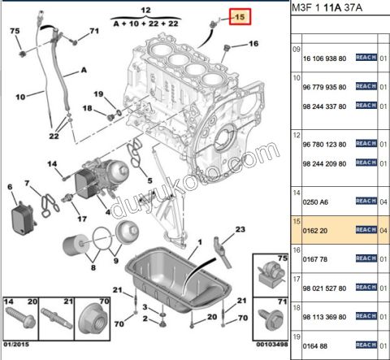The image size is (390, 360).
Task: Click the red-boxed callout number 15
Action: pos(240,17)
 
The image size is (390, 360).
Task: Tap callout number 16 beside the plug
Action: pos(253,43)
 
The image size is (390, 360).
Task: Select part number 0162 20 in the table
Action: pos(315,231)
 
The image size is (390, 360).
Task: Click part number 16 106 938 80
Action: pos(324,59)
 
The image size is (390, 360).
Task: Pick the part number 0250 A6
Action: pos(315,202)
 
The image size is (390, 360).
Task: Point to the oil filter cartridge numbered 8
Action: pos(72,245)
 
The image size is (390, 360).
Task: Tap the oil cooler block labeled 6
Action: pos(23,219)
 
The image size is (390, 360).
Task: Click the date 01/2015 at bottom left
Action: pos(16,345)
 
